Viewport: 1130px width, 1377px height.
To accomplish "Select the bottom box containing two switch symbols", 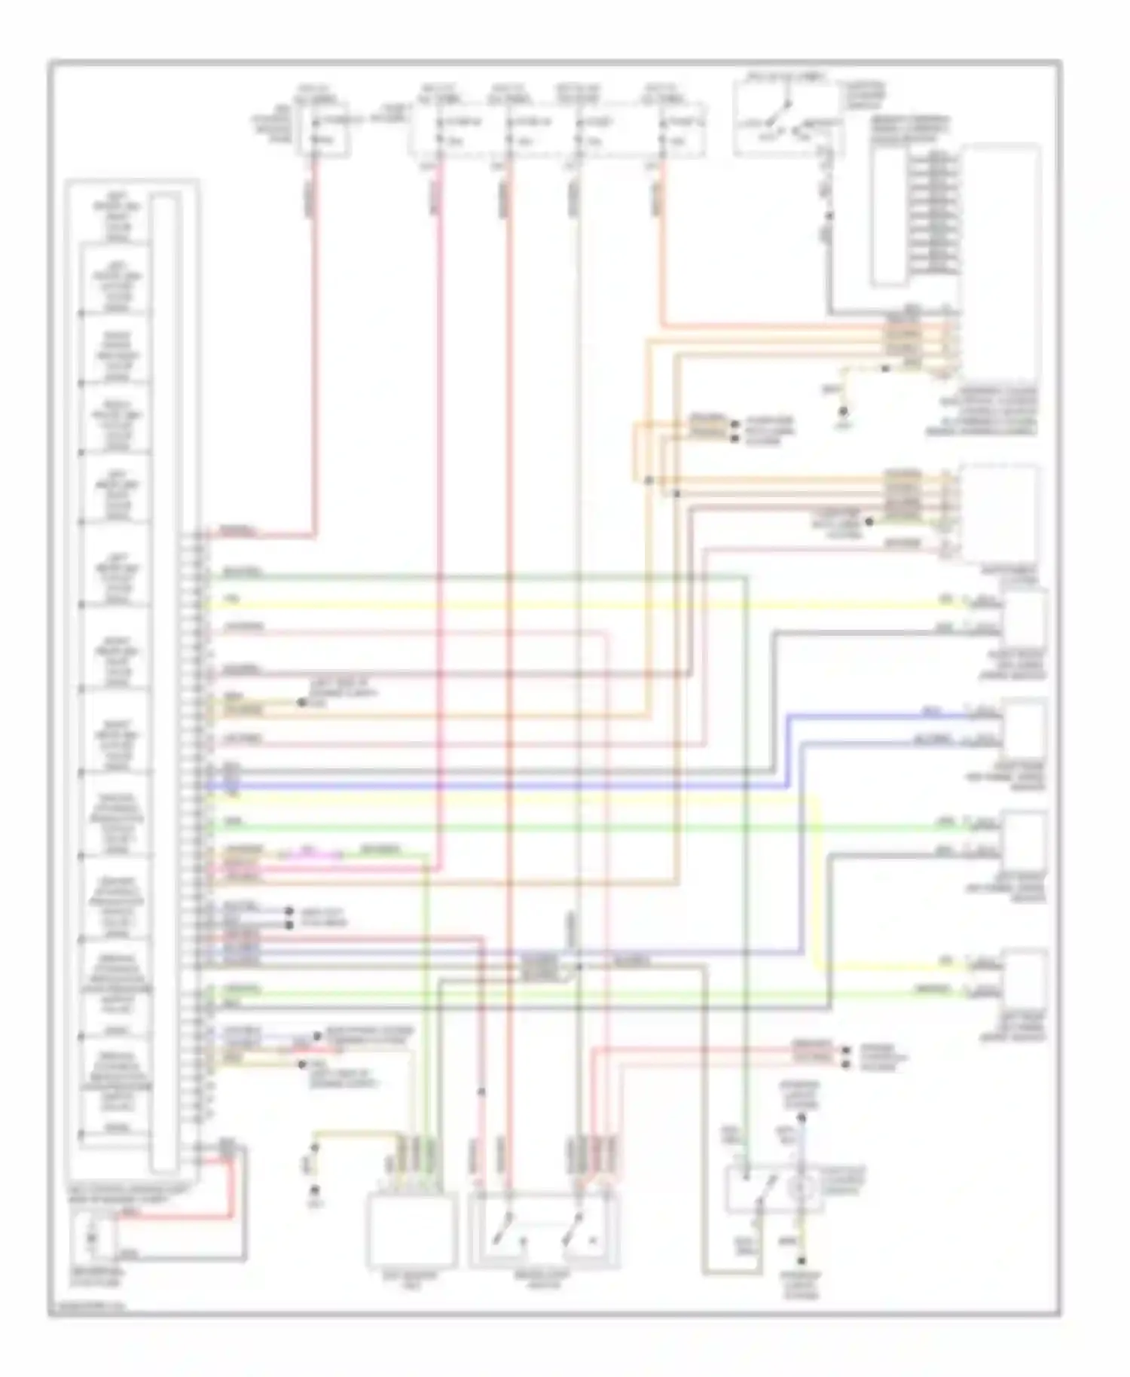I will click(544, 1230).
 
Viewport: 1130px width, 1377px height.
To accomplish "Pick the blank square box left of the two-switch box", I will click(411, 1230).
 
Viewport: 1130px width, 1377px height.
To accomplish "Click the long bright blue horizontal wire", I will click(490, 786).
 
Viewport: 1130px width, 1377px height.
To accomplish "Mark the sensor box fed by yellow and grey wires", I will click(1024, 624).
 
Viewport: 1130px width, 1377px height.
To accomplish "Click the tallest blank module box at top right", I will click(1000, 264).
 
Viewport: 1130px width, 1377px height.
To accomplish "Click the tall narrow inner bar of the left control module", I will click(165, 682).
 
